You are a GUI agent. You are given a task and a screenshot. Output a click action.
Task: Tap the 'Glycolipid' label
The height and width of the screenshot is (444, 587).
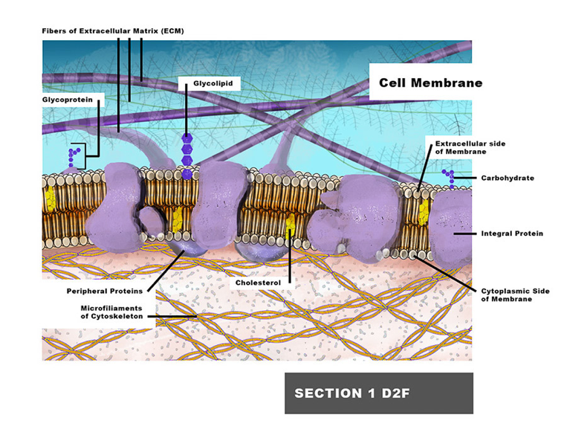point(213,84)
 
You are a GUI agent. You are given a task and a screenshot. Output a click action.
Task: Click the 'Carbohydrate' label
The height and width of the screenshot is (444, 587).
point(507,178)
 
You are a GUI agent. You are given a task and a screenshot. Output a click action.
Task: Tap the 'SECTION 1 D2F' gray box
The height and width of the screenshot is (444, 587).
point(378,393)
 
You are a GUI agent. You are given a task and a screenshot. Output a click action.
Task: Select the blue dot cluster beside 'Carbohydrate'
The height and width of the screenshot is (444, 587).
point(447,176)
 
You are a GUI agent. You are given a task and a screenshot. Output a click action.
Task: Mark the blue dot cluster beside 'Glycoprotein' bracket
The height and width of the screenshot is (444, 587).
point(74,155)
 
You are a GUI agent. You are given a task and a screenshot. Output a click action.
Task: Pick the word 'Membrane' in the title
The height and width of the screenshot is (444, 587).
point(451,83)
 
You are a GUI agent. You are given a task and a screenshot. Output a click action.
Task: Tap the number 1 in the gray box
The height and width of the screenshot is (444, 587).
point(356,393)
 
